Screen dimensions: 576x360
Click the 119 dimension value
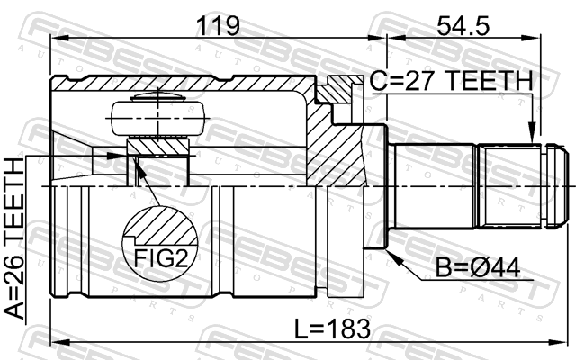click(x=219, y=25)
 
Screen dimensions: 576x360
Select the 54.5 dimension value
click(x=463, y=25)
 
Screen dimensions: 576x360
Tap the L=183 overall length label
click(x=333, y=328)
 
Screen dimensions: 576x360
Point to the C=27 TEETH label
click(x=451, y=80)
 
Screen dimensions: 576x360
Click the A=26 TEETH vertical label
click(x=14, y=238)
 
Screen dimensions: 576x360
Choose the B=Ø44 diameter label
click(x=478, y=267)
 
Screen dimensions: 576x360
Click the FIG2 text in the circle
click(x=161, y=258)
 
